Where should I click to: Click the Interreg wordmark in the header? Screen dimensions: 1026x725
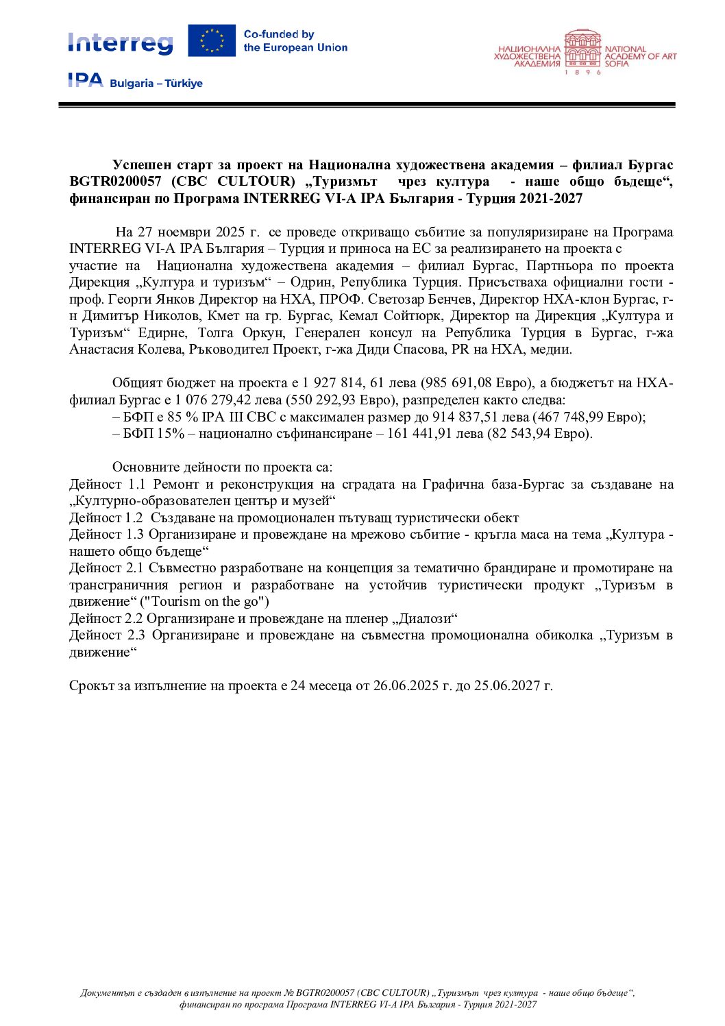120,43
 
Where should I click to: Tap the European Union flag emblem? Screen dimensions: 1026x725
212,40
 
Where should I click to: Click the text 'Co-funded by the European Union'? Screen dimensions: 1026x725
295,41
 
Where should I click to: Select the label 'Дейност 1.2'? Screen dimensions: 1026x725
106,518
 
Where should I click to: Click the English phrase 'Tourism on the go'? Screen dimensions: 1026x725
204,602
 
